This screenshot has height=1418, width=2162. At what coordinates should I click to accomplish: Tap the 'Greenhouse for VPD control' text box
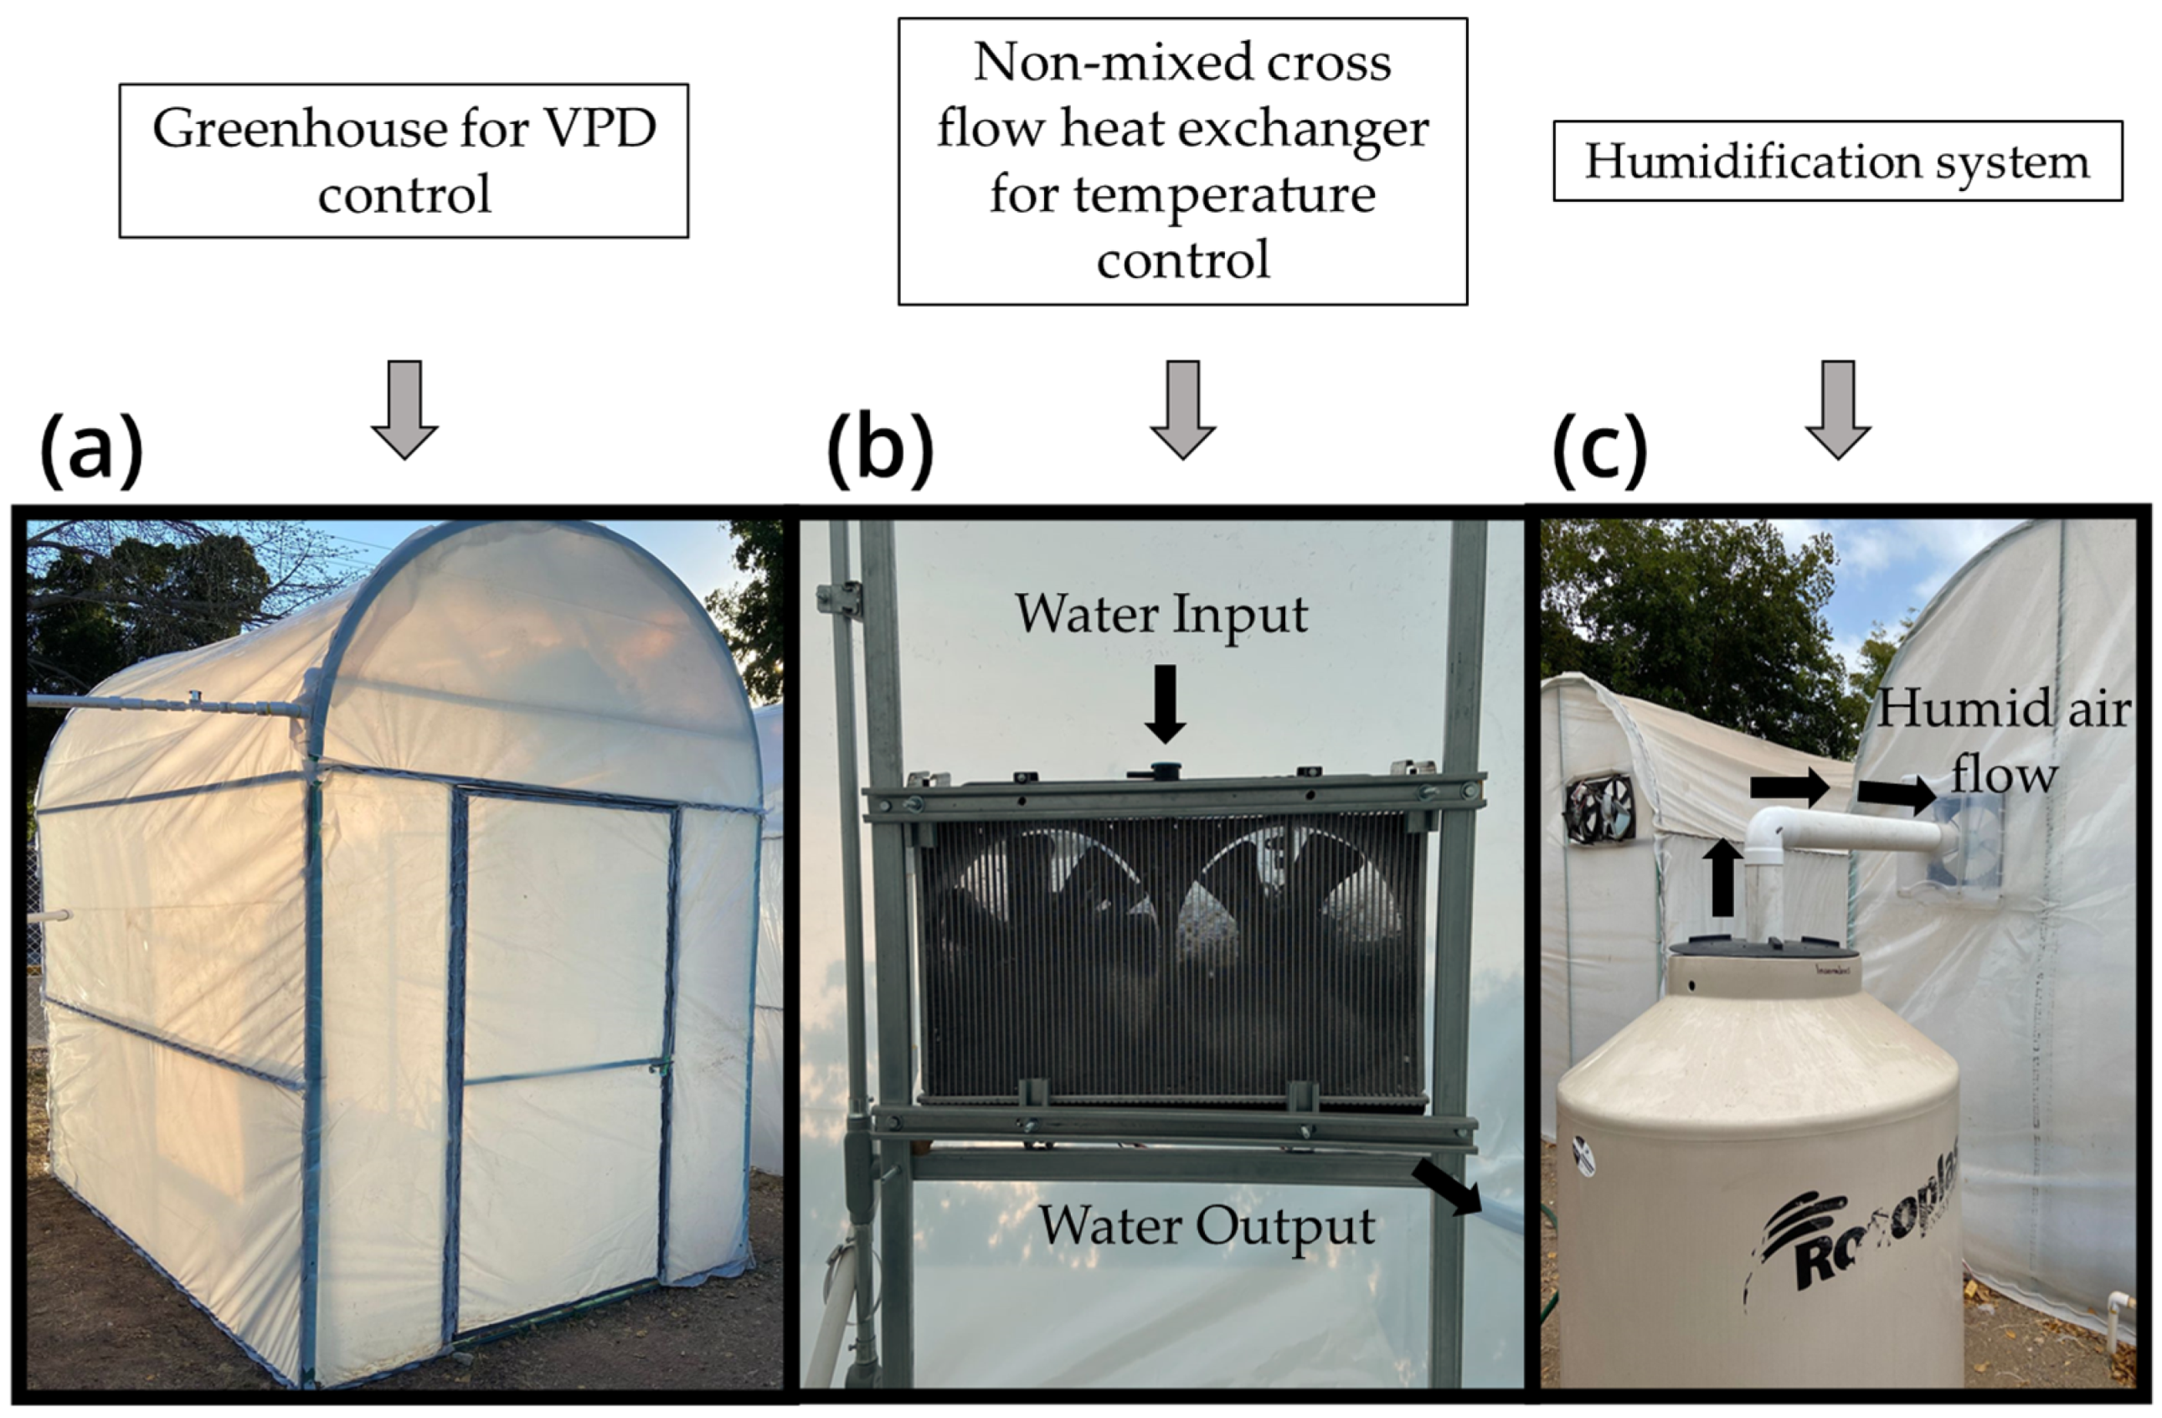(x=404, y=161)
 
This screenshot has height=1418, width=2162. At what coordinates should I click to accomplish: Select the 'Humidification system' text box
(x=1837, y=161)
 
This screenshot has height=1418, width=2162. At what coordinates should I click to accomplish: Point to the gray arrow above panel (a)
(x=404, y=409)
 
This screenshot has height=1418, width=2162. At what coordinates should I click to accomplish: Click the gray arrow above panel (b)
(x=1183, y=409)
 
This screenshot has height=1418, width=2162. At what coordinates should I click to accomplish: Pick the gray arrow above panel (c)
(x=1837, y=409)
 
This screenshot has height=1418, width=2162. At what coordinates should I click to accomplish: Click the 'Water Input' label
(x=1161, y=614)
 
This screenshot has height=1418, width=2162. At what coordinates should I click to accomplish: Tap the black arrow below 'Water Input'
(x=1165, y=702)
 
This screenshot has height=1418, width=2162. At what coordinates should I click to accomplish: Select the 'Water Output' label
(x=1206, y=1225)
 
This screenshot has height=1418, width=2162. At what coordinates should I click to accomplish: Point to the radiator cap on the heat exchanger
(x=1163, y=771)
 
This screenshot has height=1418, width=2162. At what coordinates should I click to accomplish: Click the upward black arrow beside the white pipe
(x=1722, y=878)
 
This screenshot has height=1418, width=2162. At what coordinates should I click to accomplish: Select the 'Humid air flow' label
(x=2003, y=741)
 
